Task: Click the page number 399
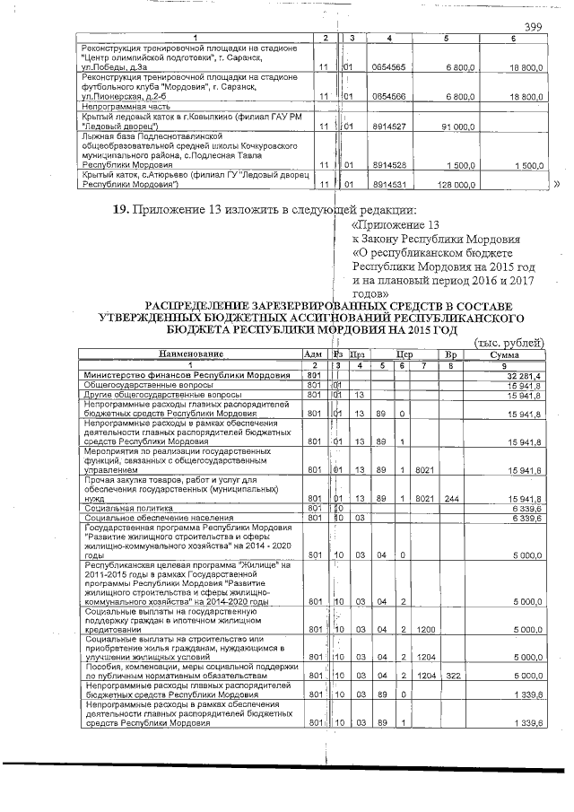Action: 534,26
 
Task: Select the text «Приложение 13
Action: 397,225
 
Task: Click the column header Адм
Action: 313,354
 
